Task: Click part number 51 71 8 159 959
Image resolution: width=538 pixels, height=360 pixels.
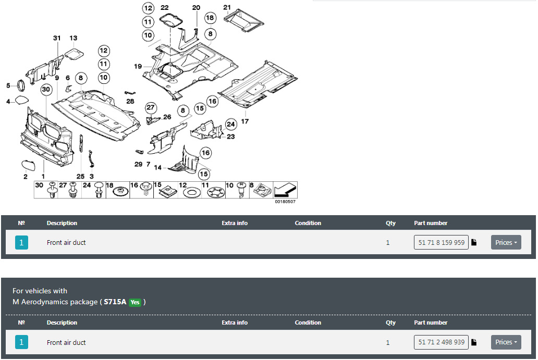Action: (x=441, y=242)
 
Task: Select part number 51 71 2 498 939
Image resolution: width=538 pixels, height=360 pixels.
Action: (x=441, y=342)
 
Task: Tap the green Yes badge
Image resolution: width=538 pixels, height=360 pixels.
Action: (x=135, y=302)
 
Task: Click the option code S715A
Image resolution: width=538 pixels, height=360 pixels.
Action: (x=115, y=302)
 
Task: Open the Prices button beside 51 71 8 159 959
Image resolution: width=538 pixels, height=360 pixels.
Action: (x=506, y=242)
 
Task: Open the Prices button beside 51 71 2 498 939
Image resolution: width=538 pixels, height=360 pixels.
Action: (x=506, y=342)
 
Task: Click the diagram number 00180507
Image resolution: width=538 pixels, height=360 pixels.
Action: (x=285, y=202)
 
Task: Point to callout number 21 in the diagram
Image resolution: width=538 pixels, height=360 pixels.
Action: (x=227, y=7)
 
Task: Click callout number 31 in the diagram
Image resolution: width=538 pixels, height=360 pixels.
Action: (x=57, y=38)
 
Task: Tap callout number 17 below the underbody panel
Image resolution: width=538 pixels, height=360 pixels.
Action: (x=244, y=121)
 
